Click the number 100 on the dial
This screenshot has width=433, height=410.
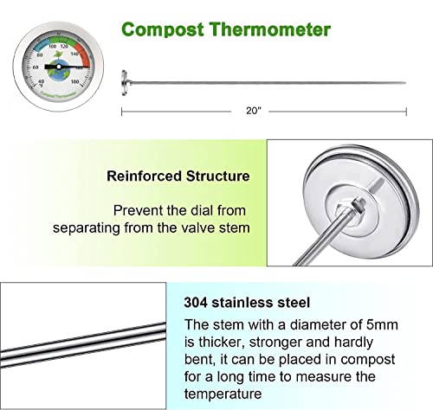[x=54, y=45]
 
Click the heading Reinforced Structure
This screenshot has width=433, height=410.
[x=178, y=176]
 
